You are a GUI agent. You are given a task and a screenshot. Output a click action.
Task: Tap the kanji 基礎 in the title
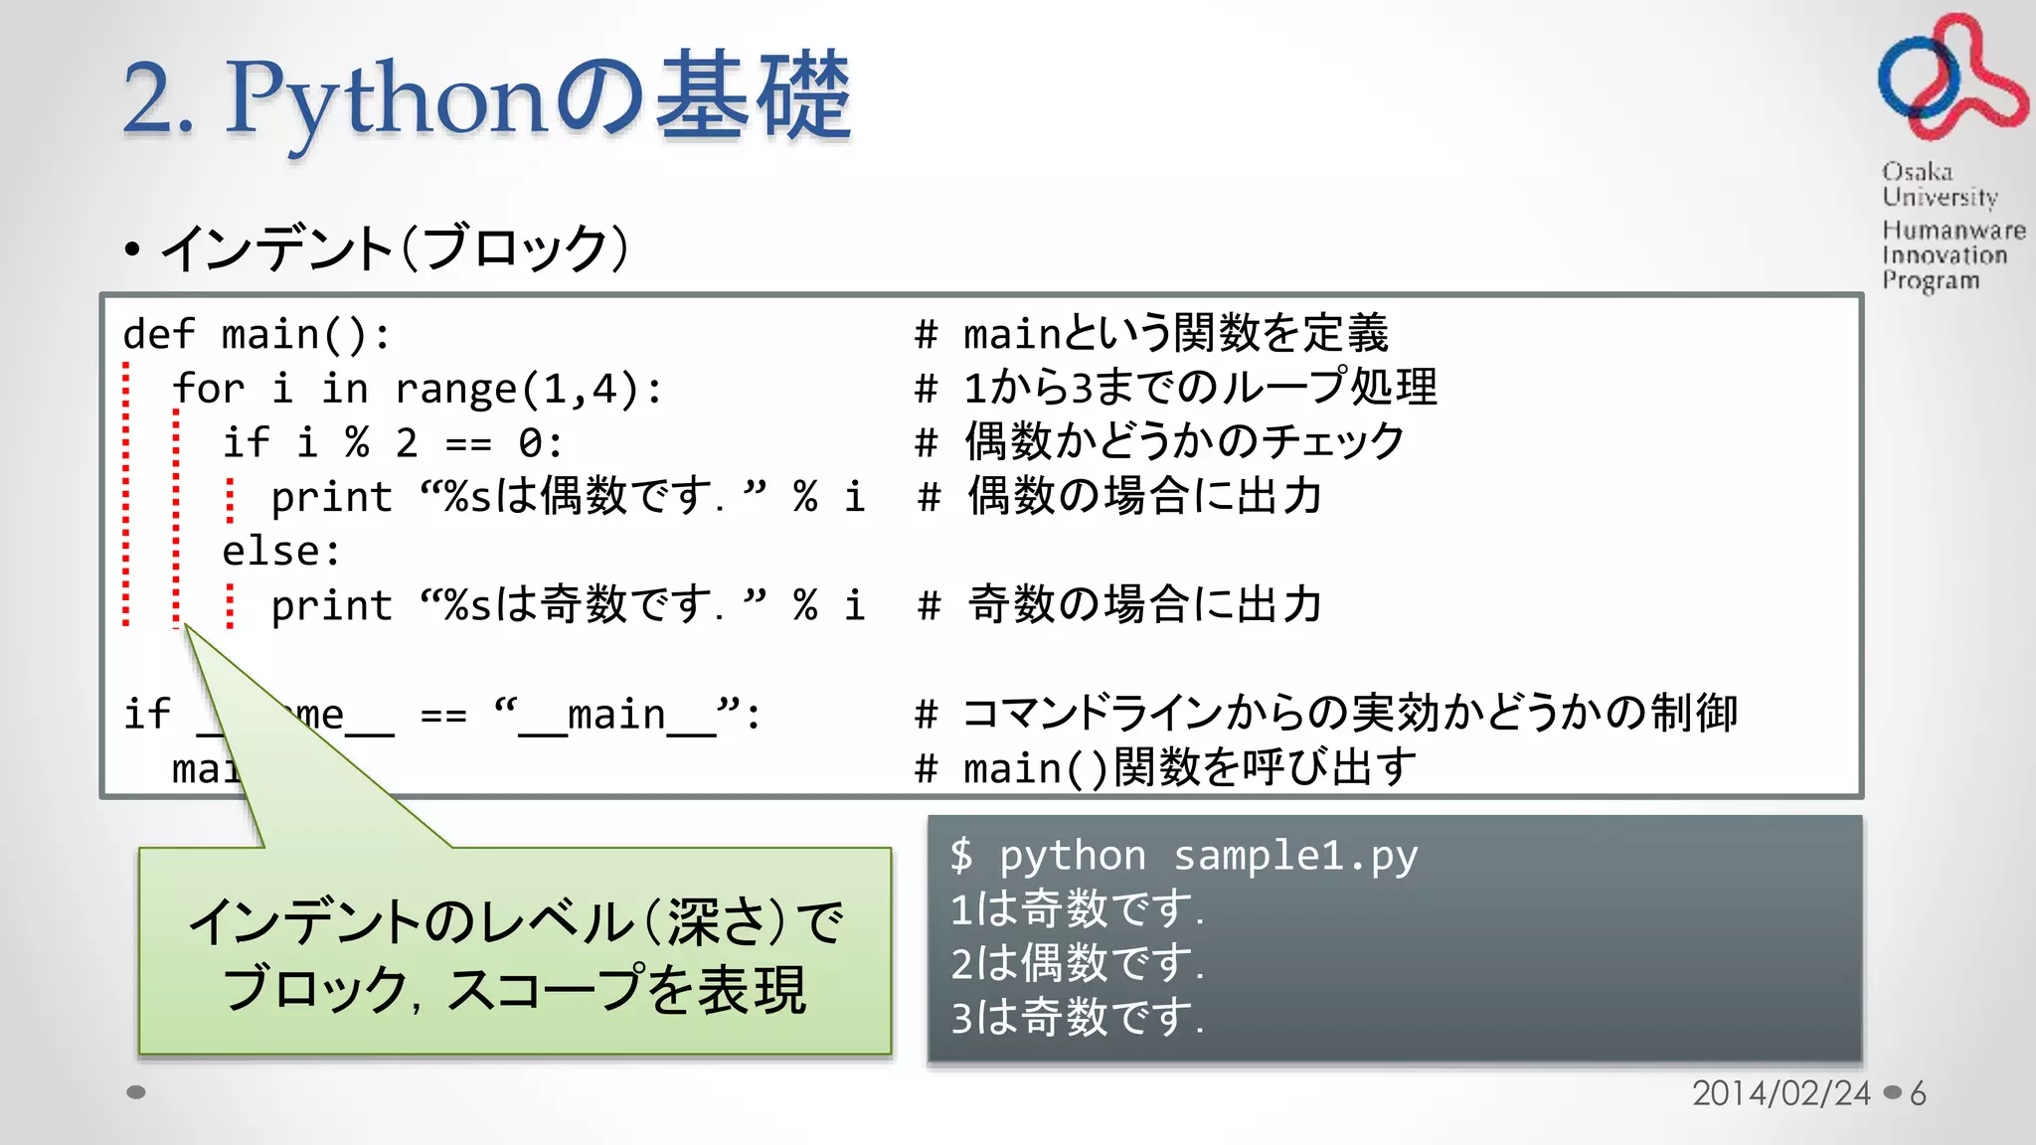[x=753, y=96]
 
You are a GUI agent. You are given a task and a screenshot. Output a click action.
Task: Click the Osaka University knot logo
[x=1950, y=77]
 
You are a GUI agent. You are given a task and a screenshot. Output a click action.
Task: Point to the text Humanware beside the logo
[x=1952, y=231]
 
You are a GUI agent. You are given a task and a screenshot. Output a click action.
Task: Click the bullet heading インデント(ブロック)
[x=394, y=248]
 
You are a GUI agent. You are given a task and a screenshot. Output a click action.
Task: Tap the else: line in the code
[x=280, y=551]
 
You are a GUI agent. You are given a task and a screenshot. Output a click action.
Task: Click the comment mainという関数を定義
[x=1175, y=334]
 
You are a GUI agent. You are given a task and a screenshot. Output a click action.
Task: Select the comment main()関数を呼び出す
[x=1189, y=767]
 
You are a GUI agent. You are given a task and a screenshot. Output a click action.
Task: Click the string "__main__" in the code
[x=616, y=714]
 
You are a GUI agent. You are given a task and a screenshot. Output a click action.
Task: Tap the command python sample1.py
[x=1207, y=856]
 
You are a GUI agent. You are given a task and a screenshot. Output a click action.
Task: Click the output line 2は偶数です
[x=1076, y=963]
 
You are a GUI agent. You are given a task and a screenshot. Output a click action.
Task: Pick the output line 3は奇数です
[x=1076, y=1018]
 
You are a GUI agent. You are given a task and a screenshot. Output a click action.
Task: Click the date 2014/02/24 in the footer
[x=1781, y=1093]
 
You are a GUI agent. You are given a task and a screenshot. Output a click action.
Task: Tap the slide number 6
[x=1918, y=1093]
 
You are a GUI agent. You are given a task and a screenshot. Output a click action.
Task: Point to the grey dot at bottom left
[x=136, y=1092]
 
